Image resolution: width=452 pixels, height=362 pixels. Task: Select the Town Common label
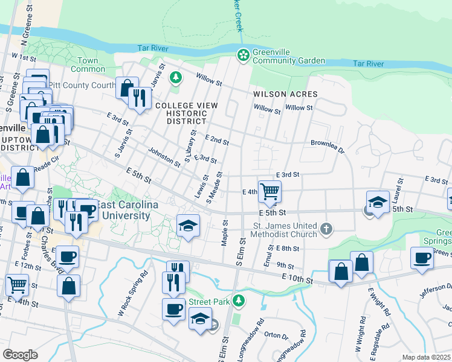pos(88,65)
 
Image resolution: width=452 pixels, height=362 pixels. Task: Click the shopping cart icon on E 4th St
pos(270,191)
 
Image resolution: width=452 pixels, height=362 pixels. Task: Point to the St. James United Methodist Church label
pos(285,230)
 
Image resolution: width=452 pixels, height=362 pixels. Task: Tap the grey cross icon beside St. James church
pos(326,228)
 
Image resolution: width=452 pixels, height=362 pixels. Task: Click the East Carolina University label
pos(123,211)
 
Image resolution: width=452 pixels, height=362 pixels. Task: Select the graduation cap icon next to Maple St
pos(188,226)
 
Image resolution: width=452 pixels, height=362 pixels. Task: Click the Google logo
pos(20,354)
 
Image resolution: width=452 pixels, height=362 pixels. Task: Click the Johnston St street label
pos(164,158)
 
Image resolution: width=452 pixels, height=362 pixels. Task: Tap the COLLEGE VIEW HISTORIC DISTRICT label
pos(186,113)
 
